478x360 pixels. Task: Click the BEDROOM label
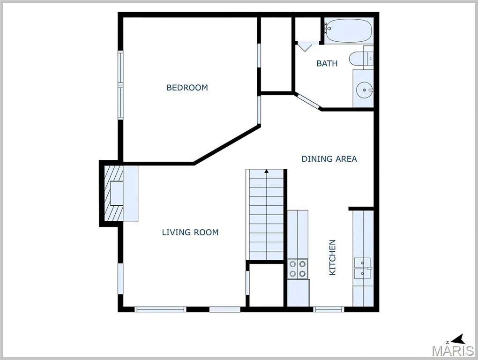187,88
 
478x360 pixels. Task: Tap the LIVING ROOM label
190,232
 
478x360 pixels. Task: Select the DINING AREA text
329,159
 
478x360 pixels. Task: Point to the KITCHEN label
332,257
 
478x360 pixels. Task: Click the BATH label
327,63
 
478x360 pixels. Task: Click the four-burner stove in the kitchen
298,269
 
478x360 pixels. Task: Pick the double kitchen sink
362,268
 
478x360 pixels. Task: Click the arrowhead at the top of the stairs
267,171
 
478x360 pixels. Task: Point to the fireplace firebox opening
116,193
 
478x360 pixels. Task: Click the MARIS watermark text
453,351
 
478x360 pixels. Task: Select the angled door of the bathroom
308,101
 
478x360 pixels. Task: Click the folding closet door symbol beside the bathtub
305,46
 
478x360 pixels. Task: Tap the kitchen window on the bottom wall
329,309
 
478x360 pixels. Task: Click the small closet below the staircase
267,285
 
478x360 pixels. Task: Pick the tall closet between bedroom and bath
276,54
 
